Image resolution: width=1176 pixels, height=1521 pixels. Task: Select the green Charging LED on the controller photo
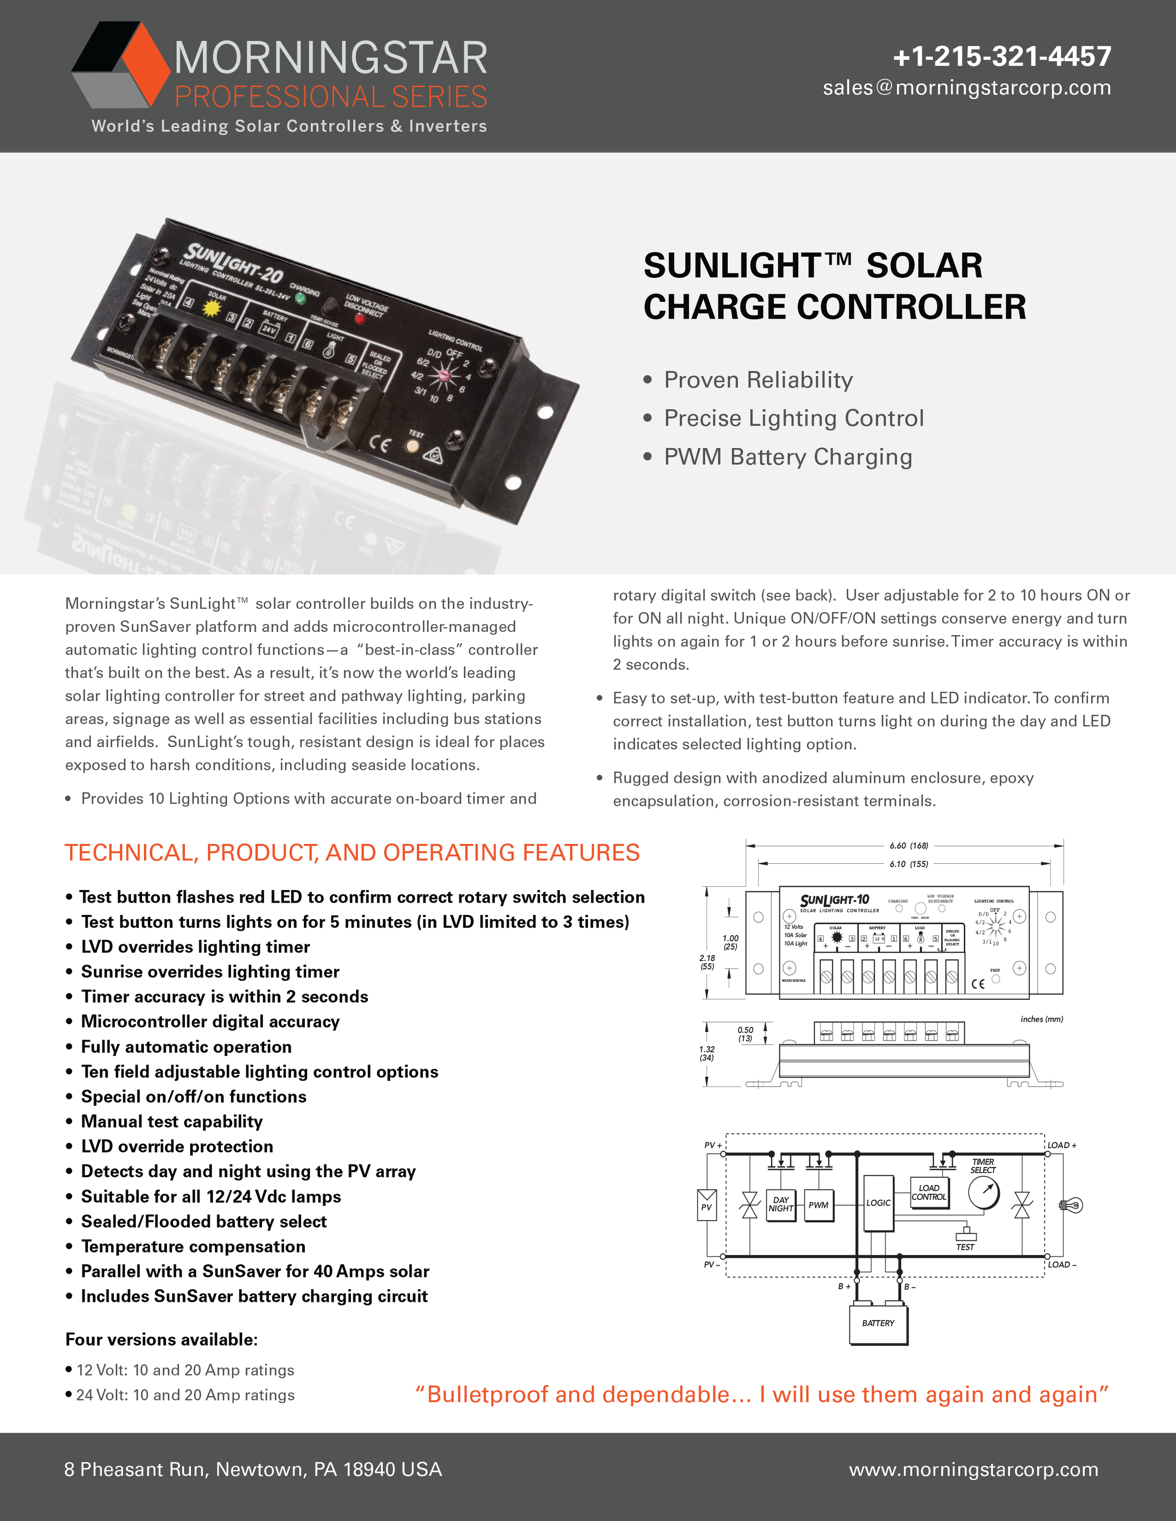click(x=300, y=299)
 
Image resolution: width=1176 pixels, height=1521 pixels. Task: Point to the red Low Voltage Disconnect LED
click(x=359, y=319)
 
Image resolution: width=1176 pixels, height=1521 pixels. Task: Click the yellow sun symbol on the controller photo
click(x=212, y=307)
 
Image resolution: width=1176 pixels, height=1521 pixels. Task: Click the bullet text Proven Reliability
click(x=758, y=380)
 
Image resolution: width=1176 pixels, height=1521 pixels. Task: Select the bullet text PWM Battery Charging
click(x=787, y=457)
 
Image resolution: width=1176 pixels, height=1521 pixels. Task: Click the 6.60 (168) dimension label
click(x=908, y=845)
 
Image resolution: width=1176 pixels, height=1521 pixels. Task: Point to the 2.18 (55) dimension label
click(x=707, y=962)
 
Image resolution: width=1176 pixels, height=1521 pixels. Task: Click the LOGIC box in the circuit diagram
click(x=878, y=1203)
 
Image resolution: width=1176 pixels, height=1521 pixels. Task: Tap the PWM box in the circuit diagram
click(x=818, y=1205)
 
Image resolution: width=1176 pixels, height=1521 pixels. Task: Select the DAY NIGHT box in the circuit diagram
click(x=780, y=1204)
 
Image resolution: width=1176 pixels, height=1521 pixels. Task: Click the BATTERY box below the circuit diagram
click(x=878, y=1323)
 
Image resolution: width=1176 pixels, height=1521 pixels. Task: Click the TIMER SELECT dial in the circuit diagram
click(x=984, y=1192)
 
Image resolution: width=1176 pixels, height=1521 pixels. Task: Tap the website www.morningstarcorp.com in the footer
click(x=973, y=1469)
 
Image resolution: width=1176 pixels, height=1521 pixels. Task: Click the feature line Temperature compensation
click(x=193, y=1246)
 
